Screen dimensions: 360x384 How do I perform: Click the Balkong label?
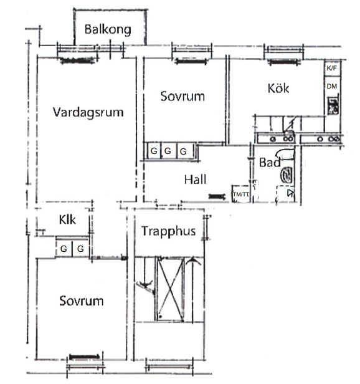[108, 30]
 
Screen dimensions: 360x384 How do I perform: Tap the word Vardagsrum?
[88, 112]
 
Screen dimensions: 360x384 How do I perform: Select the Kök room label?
[278, 88]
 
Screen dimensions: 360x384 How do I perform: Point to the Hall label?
[195, 180]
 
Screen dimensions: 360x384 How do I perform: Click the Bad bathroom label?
[270, 162]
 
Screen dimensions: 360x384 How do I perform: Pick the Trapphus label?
[169, 231]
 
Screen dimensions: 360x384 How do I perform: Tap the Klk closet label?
[67, 219]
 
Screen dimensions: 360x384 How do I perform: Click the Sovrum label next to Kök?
[182, 96]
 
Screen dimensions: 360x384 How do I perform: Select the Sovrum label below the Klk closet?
[81, 301]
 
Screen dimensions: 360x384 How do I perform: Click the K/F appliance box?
[332, 69]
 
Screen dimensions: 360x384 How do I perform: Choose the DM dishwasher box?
[332, 86]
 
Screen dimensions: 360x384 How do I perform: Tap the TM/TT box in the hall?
[241, 194]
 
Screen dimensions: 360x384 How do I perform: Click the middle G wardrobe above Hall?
[168, 151]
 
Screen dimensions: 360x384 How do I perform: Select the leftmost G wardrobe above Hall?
[154, 151]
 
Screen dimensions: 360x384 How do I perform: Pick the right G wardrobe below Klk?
[80, 249]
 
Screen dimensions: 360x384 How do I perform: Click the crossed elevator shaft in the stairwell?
[170, 290]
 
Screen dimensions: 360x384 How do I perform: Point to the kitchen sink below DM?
[333, 106]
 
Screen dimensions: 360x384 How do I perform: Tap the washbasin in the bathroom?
[287, 175]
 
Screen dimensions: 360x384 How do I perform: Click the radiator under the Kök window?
[283, 62]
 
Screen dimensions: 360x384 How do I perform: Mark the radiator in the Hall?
[217, 196]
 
